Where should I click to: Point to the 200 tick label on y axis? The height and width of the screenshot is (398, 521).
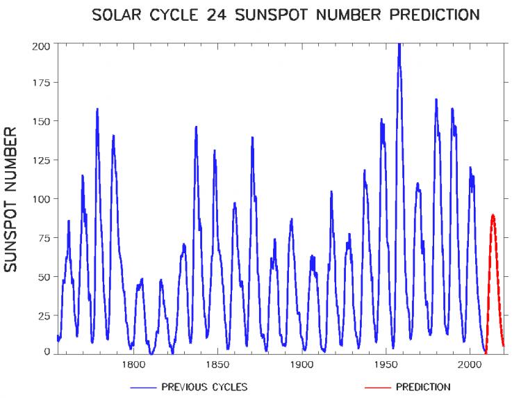tap(41, 45)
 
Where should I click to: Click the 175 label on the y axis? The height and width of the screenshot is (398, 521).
tap(41, 83)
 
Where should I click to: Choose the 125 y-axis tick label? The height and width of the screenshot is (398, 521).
tap(41, 161)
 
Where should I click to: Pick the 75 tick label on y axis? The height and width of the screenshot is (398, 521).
tap(44, 238)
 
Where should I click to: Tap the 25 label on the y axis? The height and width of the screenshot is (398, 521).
tap(44, 315)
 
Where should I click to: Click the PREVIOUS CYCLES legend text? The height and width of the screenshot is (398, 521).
tap(204, 387)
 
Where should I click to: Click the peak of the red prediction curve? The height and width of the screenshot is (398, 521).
tap(493, 215)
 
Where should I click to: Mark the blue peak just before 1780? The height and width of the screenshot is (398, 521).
tap(97, 109)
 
